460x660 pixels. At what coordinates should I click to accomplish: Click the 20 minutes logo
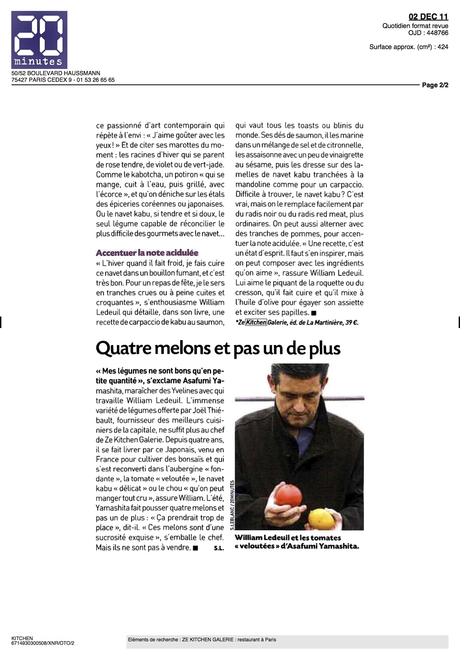(39, 39)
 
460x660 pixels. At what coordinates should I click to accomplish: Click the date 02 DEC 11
(428, 16)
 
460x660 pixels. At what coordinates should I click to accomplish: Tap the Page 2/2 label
(435, 85)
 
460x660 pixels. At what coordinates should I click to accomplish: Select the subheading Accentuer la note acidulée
(147, 253)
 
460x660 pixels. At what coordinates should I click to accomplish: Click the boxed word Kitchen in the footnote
(256, 322)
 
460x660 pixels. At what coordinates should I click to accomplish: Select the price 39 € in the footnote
(352, 322)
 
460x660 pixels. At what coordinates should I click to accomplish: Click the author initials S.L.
(219, 549)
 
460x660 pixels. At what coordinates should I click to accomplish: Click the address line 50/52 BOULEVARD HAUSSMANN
(56, 73)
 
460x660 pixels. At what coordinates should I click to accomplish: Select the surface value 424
(443, 47)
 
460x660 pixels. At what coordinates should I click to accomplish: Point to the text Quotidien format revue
(415, 26)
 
